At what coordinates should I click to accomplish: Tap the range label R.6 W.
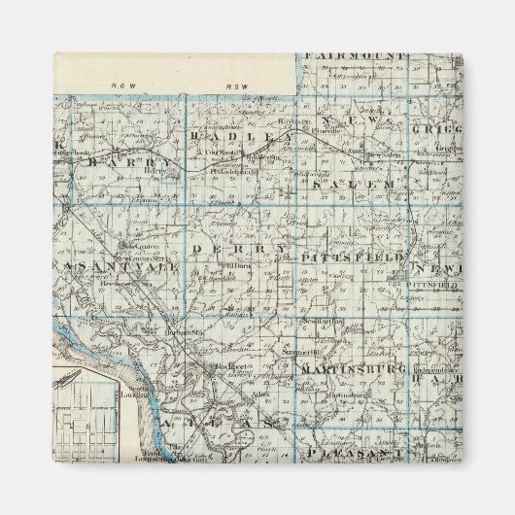120,86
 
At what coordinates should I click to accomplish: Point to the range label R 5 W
238,86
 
